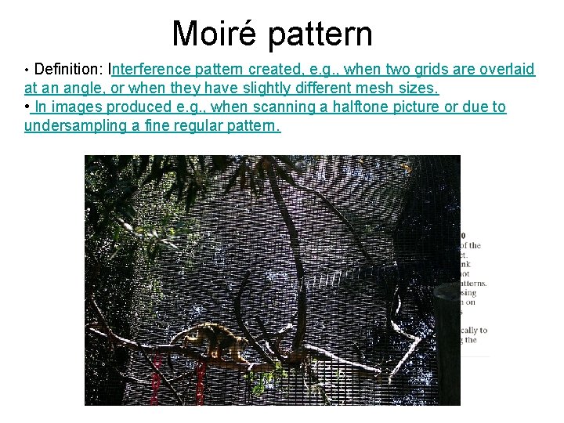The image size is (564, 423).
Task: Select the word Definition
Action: (68, 70)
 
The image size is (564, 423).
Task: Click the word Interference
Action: (150, 70)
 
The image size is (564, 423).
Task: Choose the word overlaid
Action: (507, 70)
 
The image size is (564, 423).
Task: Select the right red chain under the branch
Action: (201, 384)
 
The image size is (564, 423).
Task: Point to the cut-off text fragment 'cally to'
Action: (473, 330)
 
